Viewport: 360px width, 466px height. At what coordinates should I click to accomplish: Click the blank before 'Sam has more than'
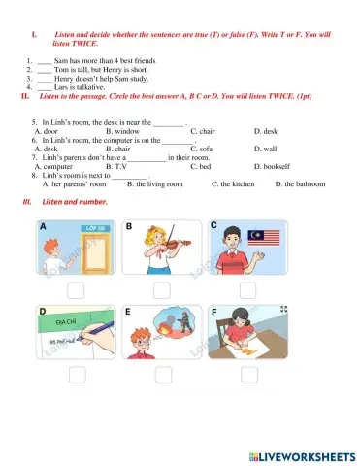(x=45, y=61)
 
